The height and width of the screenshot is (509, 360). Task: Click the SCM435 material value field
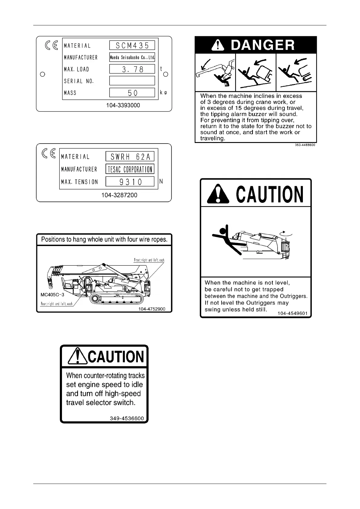coord(132,45)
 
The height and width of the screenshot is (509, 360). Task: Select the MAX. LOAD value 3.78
coord(132,69)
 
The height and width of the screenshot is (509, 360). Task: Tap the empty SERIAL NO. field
coord(132,81)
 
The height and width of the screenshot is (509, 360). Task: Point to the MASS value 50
coord(132,92)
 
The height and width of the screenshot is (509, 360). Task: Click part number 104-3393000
coord(123,105)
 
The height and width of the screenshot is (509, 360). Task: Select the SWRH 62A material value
coord(130,157)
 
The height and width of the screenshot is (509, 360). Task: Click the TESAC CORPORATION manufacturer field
coord(130,169)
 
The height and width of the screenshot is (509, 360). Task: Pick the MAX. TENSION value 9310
coord(130,182)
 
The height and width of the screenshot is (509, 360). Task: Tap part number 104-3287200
coord(119,195)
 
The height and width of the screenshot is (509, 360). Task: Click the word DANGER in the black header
coord(263,45)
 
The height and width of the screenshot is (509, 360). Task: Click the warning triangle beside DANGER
coord(218,45)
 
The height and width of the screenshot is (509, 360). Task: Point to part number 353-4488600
coord(305,145)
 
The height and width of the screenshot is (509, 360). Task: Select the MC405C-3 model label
coord(52,294)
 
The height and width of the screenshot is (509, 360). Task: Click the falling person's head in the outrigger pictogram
coord(223,231)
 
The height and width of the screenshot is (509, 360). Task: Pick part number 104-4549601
coord(292,313)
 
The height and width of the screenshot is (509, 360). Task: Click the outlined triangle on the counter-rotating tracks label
coord(78,356)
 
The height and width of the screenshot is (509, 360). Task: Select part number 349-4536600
coord(126,419)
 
